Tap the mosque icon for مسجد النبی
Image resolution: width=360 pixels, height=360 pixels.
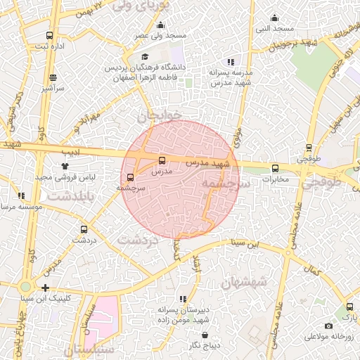coord(274,18)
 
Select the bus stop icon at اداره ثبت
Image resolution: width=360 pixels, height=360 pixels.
coord(49,35)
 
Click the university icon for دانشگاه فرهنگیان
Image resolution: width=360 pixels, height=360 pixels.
coord(146,57)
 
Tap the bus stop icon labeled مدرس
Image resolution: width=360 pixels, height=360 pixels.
coord(163,160)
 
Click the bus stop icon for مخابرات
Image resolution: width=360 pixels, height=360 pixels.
coord(274,168)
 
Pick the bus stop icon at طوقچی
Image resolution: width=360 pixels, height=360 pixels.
coord(309,148)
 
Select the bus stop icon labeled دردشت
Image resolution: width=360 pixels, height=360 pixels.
coord(84,229)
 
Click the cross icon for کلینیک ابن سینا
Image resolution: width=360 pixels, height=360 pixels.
coord(45,288)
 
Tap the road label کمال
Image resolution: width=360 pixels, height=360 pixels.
coord(310,269)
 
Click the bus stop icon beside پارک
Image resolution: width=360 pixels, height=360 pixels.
coord(349,307)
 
